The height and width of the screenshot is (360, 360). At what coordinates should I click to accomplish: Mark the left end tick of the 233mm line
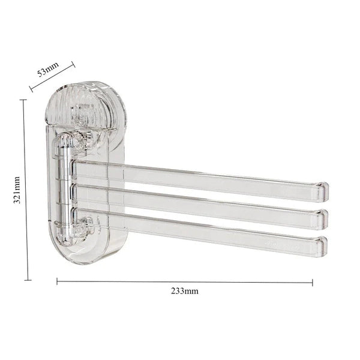tap(57, 280)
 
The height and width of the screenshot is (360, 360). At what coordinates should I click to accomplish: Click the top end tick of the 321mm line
tap(25, 100)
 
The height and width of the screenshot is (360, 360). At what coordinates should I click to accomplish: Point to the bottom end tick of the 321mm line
tap(26, 280)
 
